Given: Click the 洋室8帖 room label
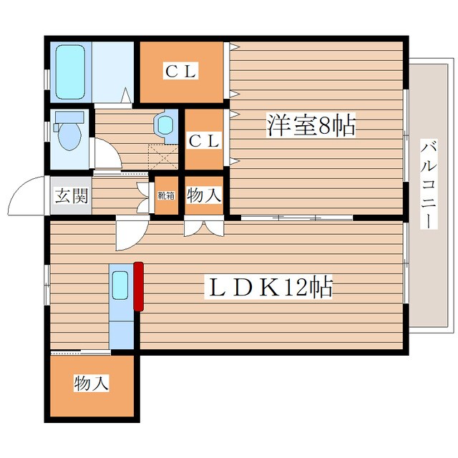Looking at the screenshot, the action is pos(311,125).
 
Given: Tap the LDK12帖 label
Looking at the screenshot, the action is pos(271,286).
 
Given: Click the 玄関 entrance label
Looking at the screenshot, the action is pos(72,195).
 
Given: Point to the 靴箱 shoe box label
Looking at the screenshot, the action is pos(166,195).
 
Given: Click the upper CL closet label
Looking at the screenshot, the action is pos(181,71).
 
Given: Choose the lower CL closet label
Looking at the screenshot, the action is pos(204,141).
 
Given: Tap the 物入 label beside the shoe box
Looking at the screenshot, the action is pos(203,195).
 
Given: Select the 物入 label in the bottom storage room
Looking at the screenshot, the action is pos(91,383).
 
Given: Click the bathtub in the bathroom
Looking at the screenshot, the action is pos(70,72).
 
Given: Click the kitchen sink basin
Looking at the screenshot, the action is pos(120,286).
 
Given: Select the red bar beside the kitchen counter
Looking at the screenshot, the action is pos(138,286).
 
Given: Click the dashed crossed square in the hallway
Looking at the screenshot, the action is pos(163,157).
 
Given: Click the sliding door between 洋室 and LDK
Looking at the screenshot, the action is pos(297,218).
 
